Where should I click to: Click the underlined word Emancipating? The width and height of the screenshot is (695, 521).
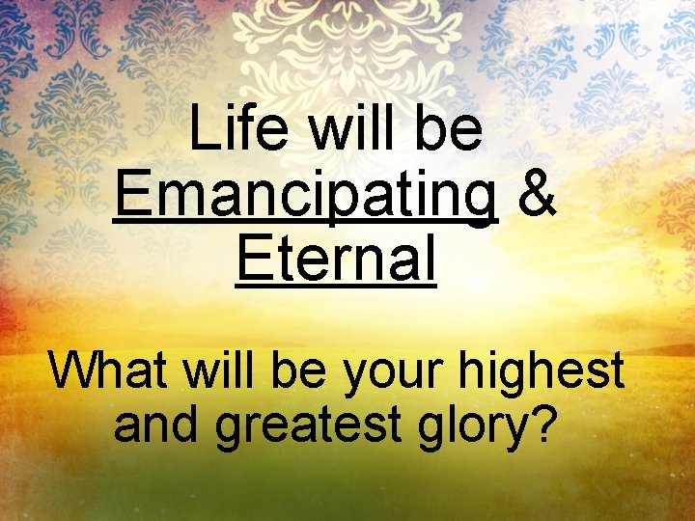coord(305,194)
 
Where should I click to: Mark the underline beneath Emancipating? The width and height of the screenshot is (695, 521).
coord(305,223)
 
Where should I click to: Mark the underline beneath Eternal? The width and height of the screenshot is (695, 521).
coord(335,285)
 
